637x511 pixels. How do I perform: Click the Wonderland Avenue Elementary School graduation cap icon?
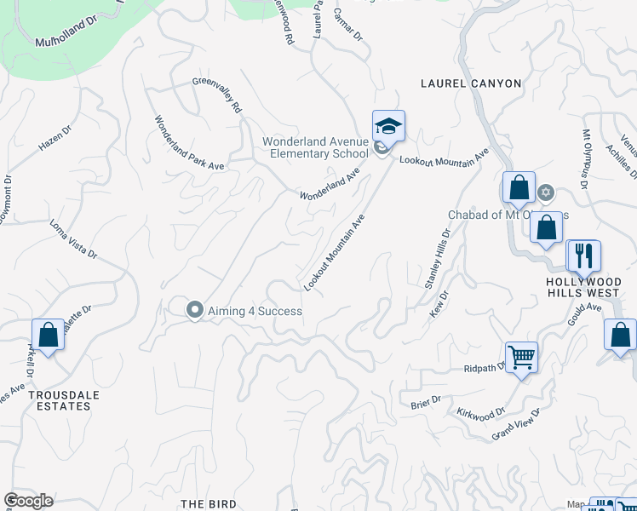click(388, 127)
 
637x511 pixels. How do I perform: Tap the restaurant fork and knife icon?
click(583, 255)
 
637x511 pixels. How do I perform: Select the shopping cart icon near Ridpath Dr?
click(520, 356)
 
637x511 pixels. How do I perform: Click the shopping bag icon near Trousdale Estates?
click(48, 334)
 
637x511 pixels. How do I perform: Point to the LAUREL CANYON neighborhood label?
click(471, 83)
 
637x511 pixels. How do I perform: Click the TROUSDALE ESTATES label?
click(59, 400)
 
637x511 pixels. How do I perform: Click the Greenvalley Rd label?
click(218, 96)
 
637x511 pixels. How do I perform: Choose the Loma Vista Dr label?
click(73, 241)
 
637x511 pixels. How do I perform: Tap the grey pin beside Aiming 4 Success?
click(195, 310)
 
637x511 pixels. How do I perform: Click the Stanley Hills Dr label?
click(437, 258)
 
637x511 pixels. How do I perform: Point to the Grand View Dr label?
click(516, 425)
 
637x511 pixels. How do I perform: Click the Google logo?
click(28, 501)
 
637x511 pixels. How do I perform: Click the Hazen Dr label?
click(55, 140)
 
